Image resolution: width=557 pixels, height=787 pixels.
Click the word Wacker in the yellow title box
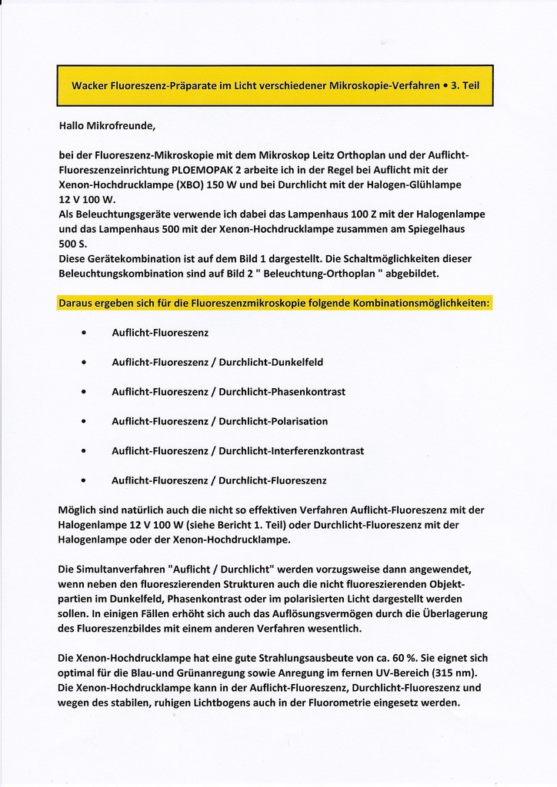90,85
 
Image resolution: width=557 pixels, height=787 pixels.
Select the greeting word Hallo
72,125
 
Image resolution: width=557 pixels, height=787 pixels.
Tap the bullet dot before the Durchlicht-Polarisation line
83,421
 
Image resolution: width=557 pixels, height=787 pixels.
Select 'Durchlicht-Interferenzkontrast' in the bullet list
291,451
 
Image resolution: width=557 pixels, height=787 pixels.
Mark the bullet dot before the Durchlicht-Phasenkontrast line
83,392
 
